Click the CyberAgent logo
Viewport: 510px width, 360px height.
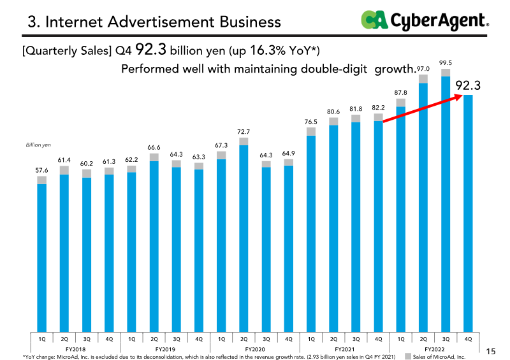(x=425, y=20)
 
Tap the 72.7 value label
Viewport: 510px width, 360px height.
(x=244, y=132)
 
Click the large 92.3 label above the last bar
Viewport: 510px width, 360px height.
(x=468, y=85)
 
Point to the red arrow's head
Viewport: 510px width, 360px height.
(x=458, y=97)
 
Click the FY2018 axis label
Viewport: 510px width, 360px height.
(x=75, y=349)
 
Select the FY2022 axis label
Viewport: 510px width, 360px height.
(x=434, y=349)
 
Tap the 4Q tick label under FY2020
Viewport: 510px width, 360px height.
(x=289, y=339)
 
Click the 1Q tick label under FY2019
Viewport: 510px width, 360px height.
(x=131, y=339)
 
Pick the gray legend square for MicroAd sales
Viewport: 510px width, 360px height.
(x=407, y=356)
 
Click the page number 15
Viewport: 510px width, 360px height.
(x=491, y=351)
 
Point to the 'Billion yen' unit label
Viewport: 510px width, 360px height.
(x=38, y=145)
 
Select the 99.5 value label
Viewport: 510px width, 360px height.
(x=445, y=63)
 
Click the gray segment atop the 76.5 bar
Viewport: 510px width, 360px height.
(x=311, y=131)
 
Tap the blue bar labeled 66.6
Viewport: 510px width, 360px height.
(x=154, y=247)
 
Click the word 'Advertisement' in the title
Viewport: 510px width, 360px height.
(x=161, y=22)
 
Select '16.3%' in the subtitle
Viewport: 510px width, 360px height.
(x=268, y=50)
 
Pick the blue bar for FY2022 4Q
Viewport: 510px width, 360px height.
(x=468, y=213)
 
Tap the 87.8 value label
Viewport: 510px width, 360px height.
(x=400, y=92)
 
